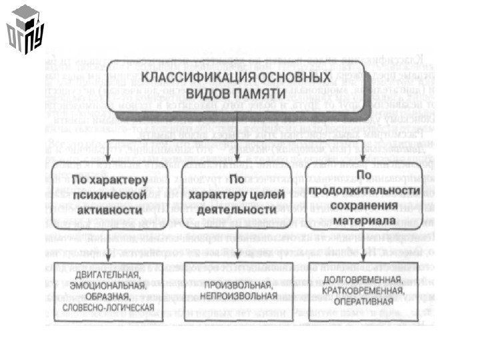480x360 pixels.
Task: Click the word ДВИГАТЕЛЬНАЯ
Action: coord(107,275)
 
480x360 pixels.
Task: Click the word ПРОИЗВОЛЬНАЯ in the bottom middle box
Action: coord(237,284)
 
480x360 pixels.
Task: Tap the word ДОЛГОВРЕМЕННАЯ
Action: coord(363,280)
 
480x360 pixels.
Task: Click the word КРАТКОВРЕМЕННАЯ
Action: coord(363,291)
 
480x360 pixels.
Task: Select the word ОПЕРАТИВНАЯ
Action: coord(363,301)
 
